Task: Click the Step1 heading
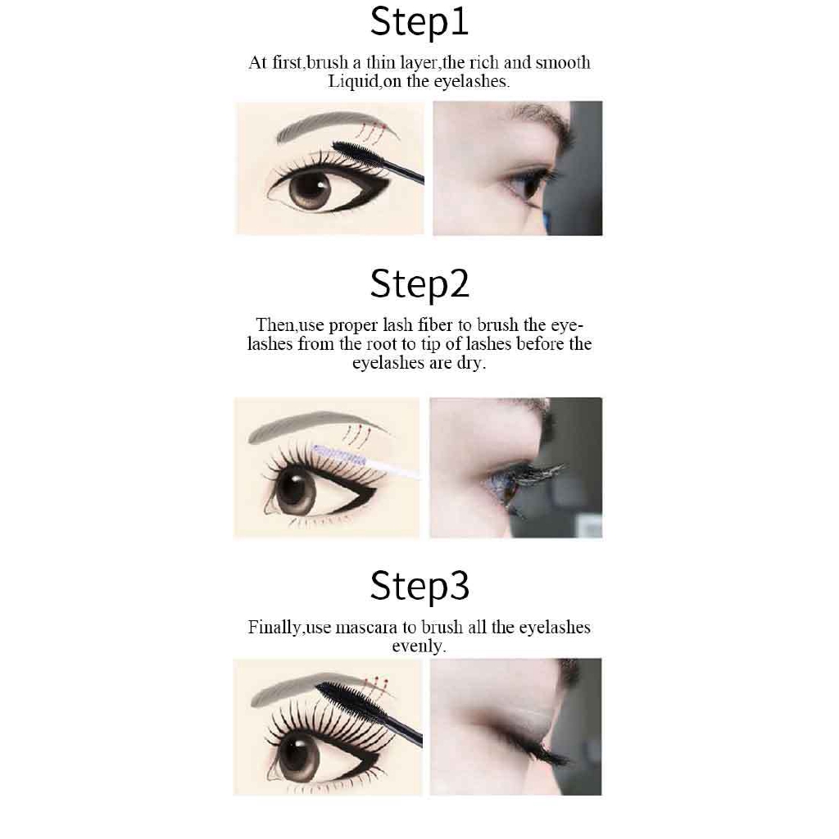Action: pos(419,22)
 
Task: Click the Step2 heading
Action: pos(419,284)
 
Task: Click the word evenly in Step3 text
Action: pos(418,646)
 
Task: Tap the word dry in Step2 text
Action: pos(470,363)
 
